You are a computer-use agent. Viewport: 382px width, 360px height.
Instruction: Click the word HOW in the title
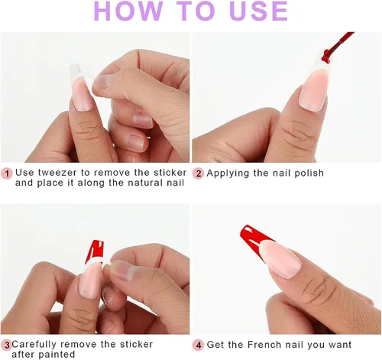(x=128, y=11)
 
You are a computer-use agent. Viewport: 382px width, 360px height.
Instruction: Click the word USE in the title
(x=259, y=11)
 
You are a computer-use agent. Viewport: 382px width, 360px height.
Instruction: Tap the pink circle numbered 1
(x=7, y=174)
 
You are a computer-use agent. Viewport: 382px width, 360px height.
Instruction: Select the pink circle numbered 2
(x=198, y=174)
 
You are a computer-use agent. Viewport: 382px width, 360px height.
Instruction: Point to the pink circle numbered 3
(x=7, y=345)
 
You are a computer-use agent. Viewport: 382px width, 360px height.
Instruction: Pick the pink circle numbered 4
(x=198, y=345)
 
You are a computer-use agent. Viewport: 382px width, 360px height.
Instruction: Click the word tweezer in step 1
(x=57, y=173)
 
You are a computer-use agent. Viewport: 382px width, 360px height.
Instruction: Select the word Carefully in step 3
(x=34, y=345)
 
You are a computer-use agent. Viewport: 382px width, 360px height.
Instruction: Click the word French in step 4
(x=264, y=345)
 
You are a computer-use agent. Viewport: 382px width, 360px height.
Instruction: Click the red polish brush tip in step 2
(x=326, y=56)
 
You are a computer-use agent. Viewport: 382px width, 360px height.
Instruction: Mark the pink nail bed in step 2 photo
(x=312, y=91)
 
